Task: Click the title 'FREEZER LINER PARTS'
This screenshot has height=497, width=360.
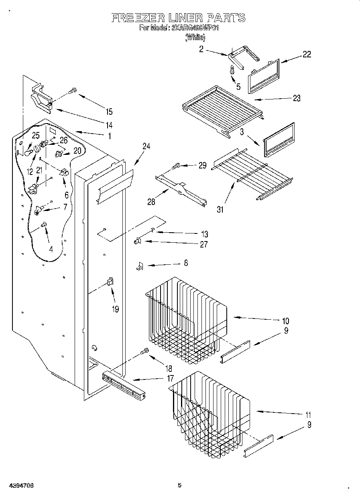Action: coord(178,18)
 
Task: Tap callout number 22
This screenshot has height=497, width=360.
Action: coord(307,55)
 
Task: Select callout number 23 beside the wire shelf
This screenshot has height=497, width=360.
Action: coord(296,98)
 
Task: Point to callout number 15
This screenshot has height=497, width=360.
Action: coord(108,112)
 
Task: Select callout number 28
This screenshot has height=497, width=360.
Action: coord(151,201)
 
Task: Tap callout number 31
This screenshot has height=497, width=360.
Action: coord(220,209)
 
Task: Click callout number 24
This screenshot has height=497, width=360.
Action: coord(146,146)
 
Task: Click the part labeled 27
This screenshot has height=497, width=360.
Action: coord(137,241)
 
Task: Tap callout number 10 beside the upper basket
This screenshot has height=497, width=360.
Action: coord(285,321)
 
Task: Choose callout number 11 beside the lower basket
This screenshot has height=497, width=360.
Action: coord(308,415)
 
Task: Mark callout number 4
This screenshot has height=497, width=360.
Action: coord(51,249)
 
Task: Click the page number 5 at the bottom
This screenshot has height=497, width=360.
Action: coord(179,485)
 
